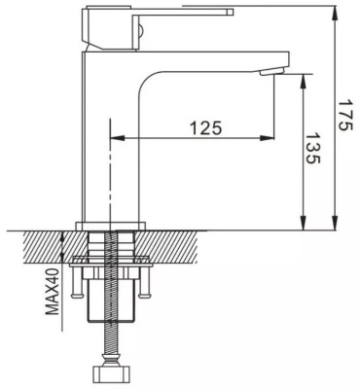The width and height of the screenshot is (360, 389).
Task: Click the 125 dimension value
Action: click(206, 127)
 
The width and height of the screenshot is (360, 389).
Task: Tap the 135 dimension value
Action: click(313, 148)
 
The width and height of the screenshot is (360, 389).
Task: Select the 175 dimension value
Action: click(344, 115)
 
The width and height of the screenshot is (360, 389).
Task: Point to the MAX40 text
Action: click(53, 292)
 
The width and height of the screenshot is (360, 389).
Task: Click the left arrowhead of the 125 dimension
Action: click(118, 138)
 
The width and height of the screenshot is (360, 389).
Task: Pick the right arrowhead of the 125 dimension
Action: click(268, 138)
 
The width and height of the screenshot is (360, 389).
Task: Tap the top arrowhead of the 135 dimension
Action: click(304, 81)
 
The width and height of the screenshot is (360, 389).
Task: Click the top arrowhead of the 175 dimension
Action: click(335, 13)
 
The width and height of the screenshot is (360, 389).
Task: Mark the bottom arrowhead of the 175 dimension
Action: click(335, 224)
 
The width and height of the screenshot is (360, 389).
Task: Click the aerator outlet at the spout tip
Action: click(271, 71)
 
